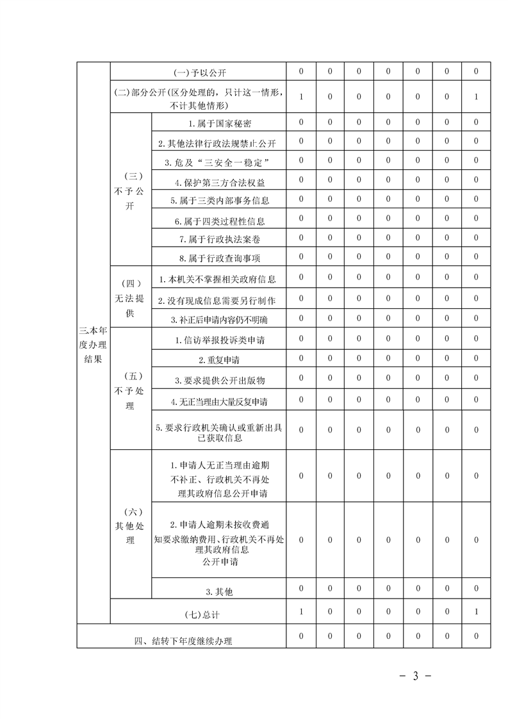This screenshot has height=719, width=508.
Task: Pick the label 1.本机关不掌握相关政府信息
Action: point(218,279)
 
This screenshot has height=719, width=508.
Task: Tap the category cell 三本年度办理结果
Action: point(93,345)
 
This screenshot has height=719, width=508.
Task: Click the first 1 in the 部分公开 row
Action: point(301,97)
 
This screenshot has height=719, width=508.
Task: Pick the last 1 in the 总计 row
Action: point(477,612)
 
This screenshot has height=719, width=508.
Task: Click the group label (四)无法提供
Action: point(131,299)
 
